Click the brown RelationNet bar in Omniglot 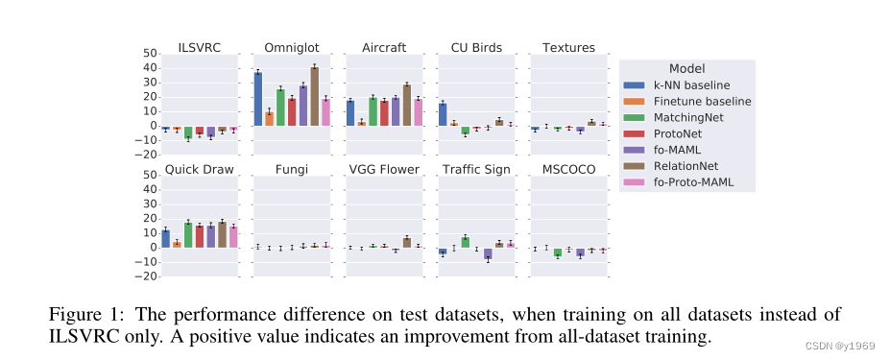coord(314,97)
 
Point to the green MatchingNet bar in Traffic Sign coord(465,242)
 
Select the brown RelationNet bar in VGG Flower coord(406,242)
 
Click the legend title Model coord(686,68)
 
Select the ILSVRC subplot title coord(199,48)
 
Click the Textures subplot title coord(568,48)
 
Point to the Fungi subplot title coord(292,170)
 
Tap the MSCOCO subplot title coord(568,170)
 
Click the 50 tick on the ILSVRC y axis coord(149,53)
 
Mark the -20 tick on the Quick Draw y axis coord(146,276)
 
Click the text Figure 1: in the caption coord(83,314)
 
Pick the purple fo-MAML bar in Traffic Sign coord(488,253)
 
